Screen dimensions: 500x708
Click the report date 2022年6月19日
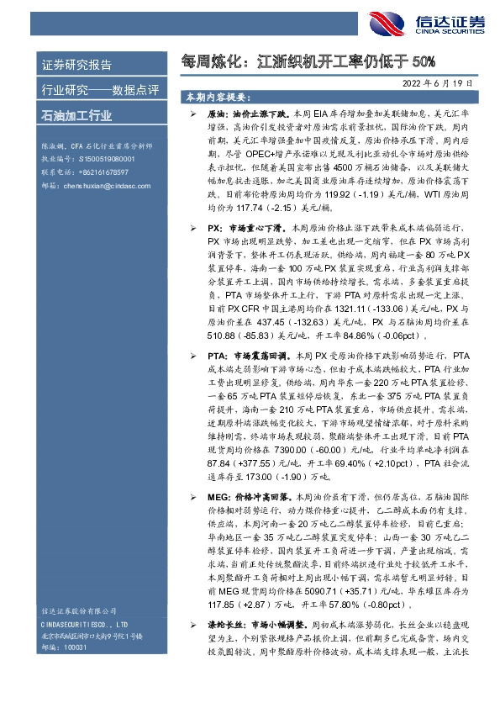coord(450,83)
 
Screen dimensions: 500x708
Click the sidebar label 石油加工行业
coord(76,115)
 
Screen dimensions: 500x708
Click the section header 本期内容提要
coord(220,98)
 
